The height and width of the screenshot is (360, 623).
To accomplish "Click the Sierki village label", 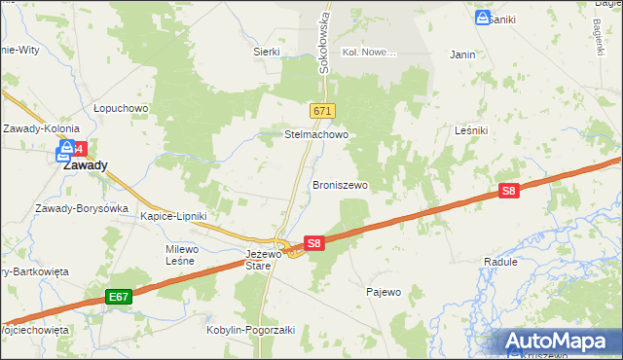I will click(x=267, y=52).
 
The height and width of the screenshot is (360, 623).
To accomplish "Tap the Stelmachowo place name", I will click(x=316, y=135).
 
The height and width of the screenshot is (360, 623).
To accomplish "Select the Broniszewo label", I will click(x=340, y=184).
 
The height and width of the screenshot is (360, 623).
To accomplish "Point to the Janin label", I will click(x=462, y=54).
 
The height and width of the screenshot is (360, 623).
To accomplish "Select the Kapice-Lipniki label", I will click(x=173, y=216).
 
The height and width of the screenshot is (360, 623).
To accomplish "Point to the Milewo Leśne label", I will click(x=181, y=255).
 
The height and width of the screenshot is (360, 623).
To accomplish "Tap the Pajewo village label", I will click(x=383, y=291).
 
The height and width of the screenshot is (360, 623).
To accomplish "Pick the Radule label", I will click(x=500, y=262).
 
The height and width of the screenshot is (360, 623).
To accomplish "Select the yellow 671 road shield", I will click(x=324, y=111).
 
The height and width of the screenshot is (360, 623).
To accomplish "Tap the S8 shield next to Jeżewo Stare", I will click(x=313, y=243).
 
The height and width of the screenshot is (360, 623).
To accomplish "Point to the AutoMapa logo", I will click(x=557, y=342).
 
